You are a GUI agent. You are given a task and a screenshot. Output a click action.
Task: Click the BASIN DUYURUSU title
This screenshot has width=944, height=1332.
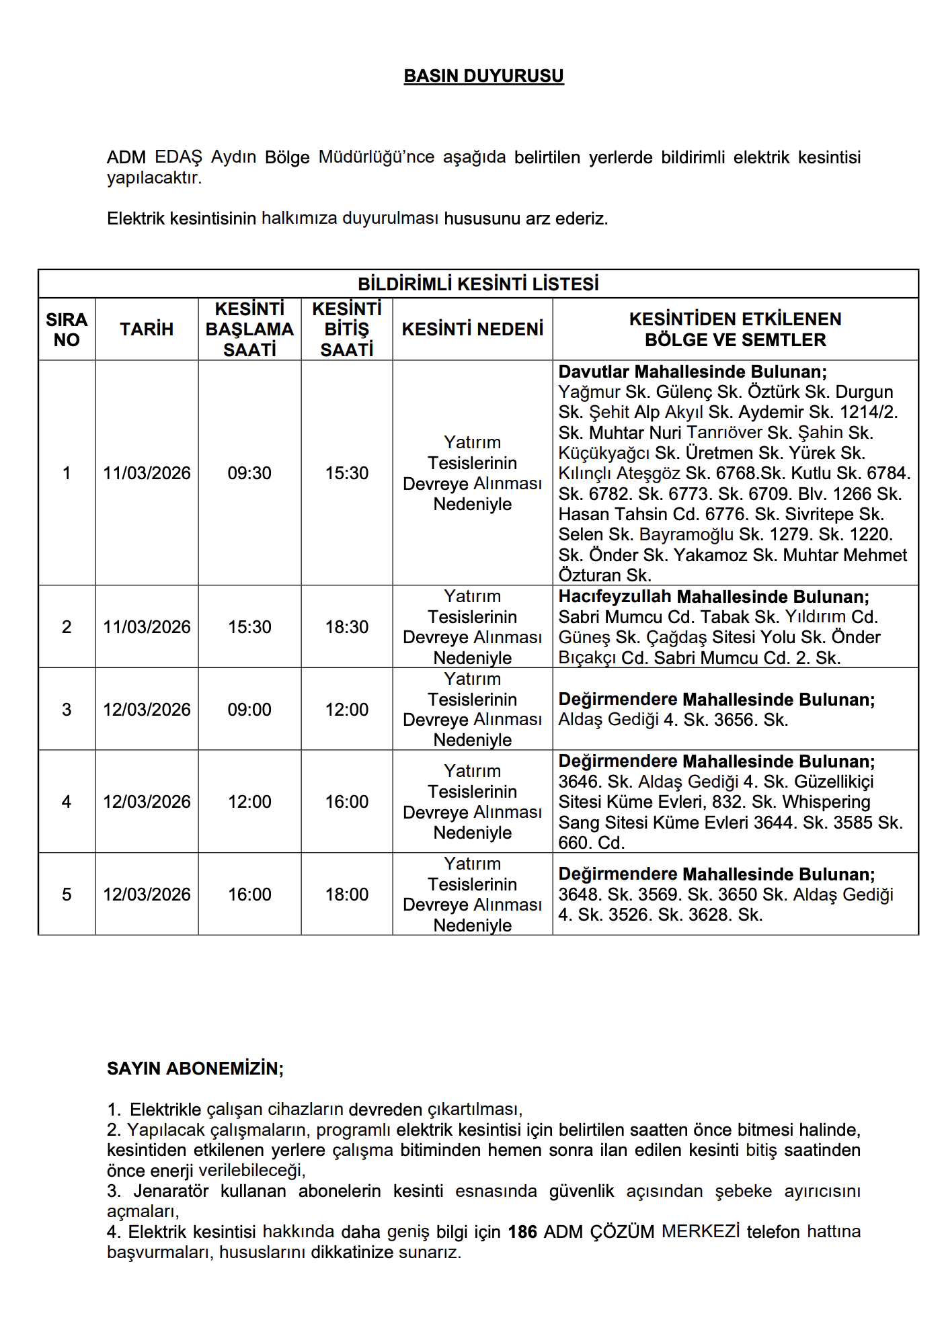pos(483,76)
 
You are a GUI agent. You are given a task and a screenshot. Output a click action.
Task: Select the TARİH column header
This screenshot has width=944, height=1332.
pos(147,329)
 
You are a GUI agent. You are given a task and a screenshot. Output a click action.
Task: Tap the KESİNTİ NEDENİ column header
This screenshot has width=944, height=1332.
pos(472,329)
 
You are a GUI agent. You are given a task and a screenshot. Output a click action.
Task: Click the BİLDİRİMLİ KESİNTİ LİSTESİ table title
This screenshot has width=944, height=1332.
pos(478,284)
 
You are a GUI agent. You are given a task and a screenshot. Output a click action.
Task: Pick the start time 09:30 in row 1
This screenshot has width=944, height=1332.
pos(249,473)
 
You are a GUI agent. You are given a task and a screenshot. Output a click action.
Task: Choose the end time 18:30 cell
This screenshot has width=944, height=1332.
pos(347,627)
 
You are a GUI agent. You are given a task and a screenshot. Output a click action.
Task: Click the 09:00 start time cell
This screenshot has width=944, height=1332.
pos(249,710)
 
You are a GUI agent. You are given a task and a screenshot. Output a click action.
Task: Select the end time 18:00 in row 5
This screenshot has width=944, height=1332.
pos(347,894)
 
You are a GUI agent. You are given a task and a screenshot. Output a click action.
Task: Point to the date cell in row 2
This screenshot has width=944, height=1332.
pos(147,627)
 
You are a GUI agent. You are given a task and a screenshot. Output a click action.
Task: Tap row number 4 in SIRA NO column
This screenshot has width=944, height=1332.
pos(67,802)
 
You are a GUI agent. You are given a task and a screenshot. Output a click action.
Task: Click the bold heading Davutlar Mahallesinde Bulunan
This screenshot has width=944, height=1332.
pos(693,372)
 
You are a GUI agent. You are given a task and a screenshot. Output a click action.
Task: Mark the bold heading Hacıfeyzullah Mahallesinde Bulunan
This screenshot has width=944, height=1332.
pos(713,597)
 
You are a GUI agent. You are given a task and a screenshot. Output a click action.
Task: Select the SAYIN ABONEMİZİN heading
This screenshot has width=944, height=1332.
pos(195,1069)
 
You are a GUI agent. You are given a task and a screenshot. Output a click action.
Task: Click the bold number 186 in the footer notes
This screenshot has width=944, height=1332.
pos(522,1232)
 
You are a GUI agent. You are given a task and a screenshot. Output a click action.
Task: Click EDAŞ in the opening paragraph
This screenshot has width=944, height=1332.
pos(178,157)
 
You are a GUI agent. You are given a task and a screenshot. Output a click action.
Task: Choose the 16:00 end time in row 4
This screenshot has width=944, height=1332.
pos(347,802)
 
